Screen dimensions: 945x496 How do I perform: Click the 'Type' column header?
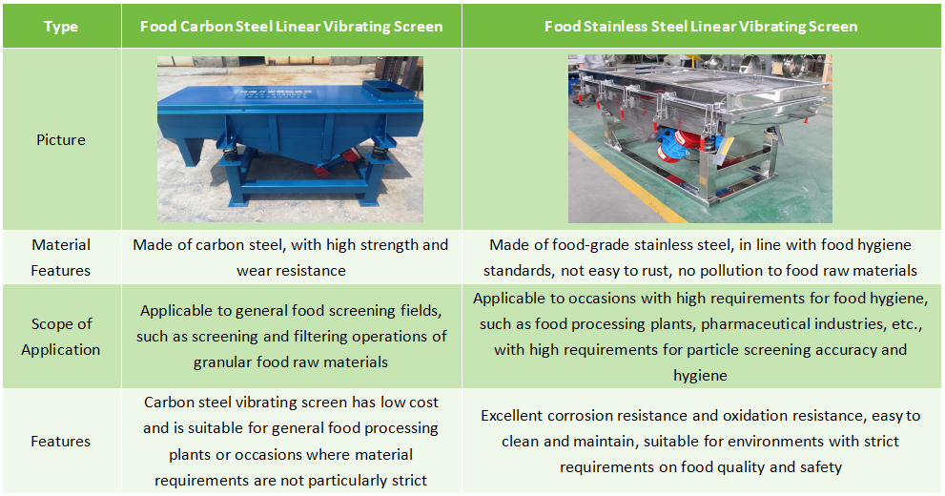pos(61,27)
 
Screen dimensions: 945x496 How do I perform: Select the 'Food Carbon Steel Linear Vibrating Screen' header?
pos(292,27)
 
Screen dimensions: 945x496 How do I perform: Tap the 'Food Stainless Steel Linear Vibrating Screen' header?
pos(701,27)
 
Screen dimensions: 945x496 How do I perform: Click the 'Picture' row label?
pos(61,140)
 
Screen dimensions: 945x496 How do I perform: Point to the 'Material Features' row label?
pos(61,258)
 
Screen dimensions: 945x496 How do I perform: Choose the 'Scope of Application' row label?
pos(61,337)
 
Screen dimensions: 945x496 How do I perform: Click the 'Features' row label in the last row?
pos(61,442)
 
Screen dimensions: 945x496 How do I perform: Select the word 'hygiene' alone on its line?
pos(700,376)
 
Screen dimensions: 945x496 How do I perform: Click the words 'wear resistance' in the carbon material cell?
pos(292,271)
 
